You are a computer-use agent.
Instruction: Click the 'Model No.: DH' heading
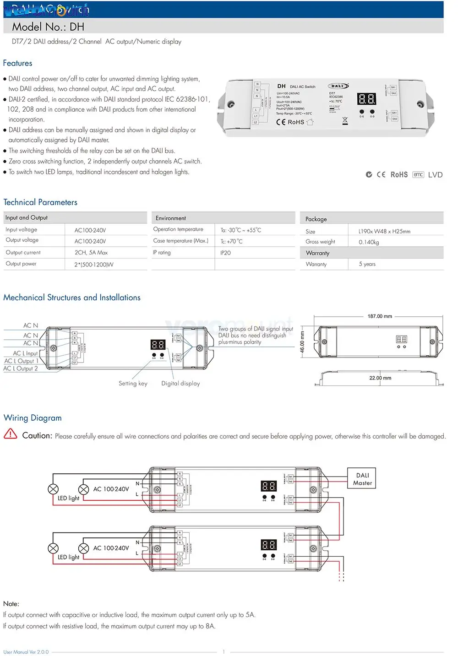coord(48,27)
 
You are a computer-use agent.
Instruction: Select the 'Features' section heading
coord(18,63)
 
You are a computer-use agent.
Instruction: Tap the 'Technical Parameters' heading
coord(40,202)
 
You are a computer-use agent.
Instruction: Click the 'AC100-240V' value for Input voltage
coord(90,230)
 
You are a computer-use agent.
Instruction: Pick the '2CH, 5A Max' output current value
coord(91,253)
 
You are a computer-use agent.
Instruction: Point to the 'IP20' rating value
coord(225,253)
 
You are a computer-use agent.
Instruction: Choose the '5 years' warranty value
coord(367,264)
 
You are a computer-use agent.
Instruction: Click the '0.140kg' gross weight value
coord(369,242)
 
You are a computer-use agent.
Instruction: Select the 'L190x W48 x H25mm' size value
coord(384,231)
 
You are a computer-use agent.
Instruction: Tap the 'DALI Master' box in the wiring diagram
coord(362,479)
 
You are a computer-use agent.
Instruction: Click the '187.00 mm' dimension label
coord(380,316)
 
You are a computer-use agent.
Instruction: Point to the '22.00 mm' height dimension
coord(380,378)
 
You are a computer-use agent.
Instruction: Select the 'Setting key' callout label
coord(133,384)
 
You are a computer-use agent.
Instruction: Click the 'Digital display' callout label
coord(180,384)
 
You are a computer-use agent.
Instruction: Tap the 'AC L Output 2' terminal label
coord(21,369)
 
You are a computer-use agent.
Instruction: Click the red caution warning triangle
coord(10,434)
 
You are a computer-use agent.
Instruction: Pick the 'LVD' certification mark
coord(435,175)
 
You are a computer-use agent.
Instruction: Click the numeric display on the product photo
coord(366,99)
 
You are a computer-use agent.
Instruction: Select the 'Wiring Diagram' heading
coord(33,418)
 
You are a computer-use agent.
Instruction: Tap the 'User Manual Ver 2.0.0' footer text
coord(26,652)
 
